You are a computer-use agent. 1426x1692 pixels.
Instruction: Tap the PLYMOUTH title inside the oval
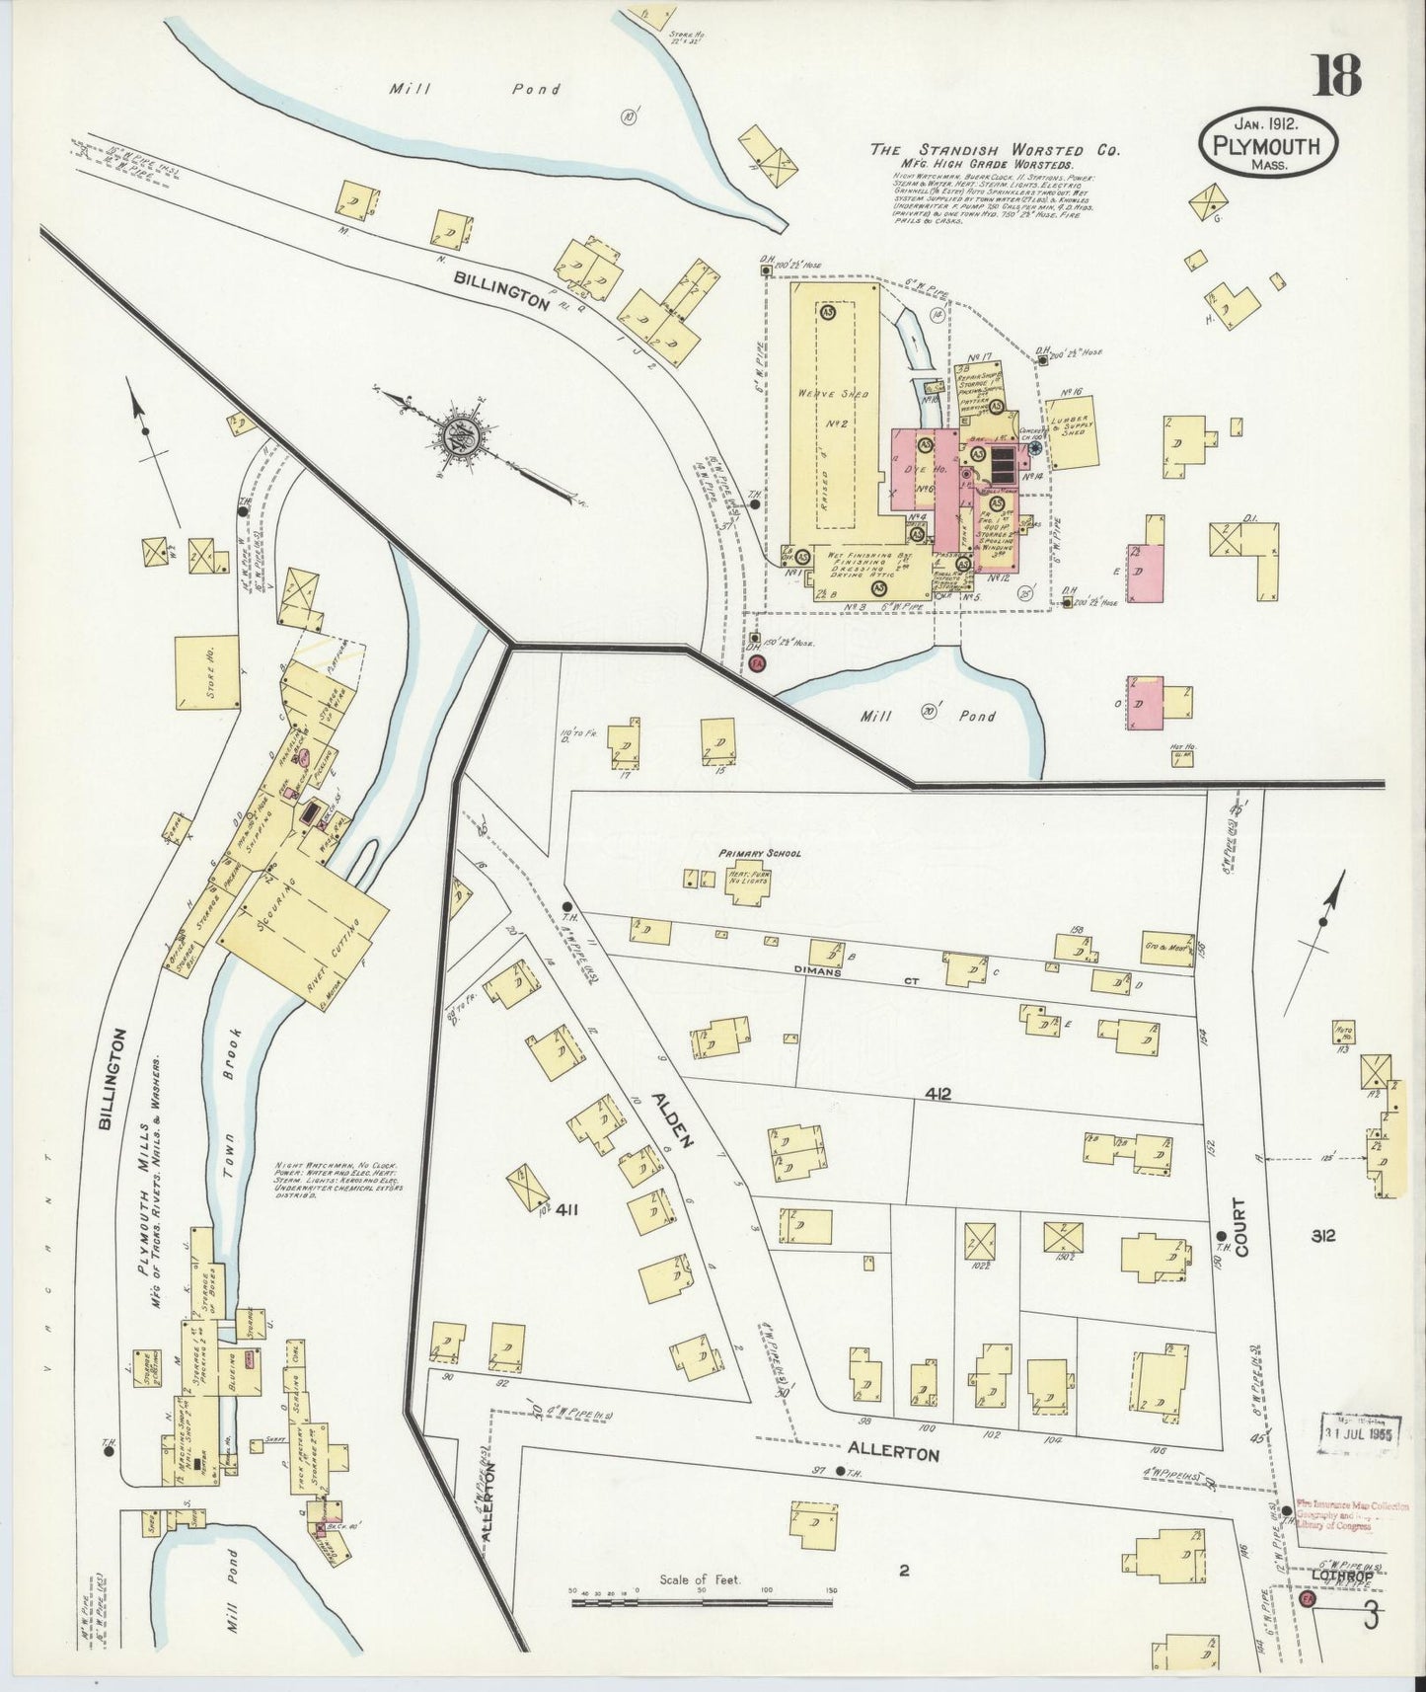point(1268,146)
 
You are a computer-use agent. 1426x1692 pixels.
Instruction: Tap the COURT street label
point(1239,1227)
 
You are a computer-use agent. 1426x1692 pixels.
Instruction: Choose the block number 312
point(1323,1235)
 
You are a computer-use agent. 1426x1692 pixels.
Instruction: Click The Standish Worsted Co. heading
point(994,150)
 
